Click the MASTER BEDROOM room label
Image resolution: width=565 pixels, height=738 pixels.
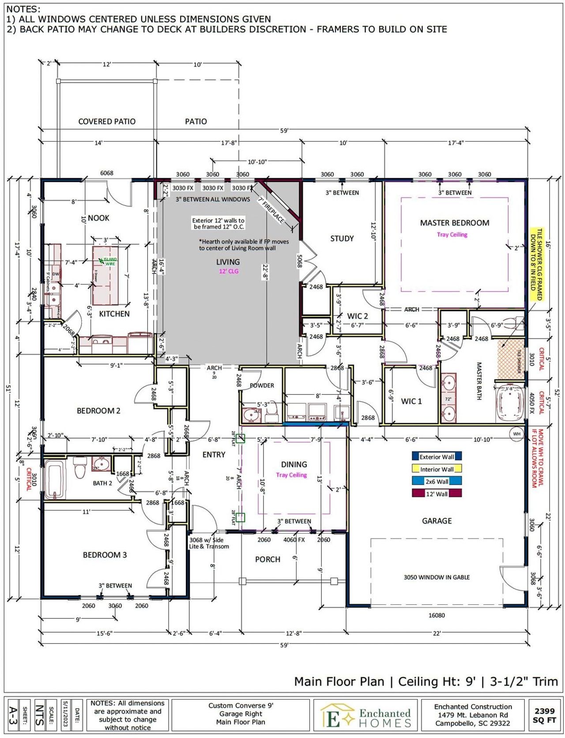[x=454, y=223]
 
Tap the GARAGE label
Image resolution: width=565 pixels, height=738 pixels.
[x=437, y=521]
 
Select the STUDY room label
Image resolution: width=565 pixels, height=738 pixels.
[x=342, y=239]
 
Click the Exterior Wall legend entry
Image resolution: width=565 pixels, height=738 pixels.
[x=437, y=457]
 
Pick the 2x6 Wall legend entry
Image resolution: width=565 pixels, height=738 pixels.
[x=437, y=482]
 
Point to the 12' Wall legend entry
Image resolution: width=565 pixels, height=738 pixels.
[x=437, y=494]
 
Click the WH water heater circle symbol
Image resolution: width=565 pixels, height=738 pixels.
[x=516, y=434]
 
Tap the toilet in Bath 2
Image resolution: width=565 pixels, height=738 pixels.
[x=80, y=468]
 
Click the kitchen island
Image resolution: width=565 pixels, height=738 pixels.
[x=106, y=276]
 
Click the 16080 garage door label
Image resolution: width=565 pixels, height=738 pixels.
[x=437, y=615]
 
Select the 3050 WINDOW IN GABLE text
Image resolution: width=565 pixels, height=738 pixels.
[x=437, y=577]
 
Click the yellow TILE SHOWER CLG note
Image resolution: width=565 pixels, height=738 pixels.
[x=539, y=264]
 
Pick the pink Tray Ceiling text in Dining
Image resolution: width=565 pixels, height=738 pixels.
[x=291, y=475]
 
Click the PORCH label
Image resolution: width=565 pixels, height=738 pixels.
[x=267, y=559]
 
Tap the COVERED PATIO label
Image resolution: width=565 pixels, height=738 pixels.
[x=107, y=121]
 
